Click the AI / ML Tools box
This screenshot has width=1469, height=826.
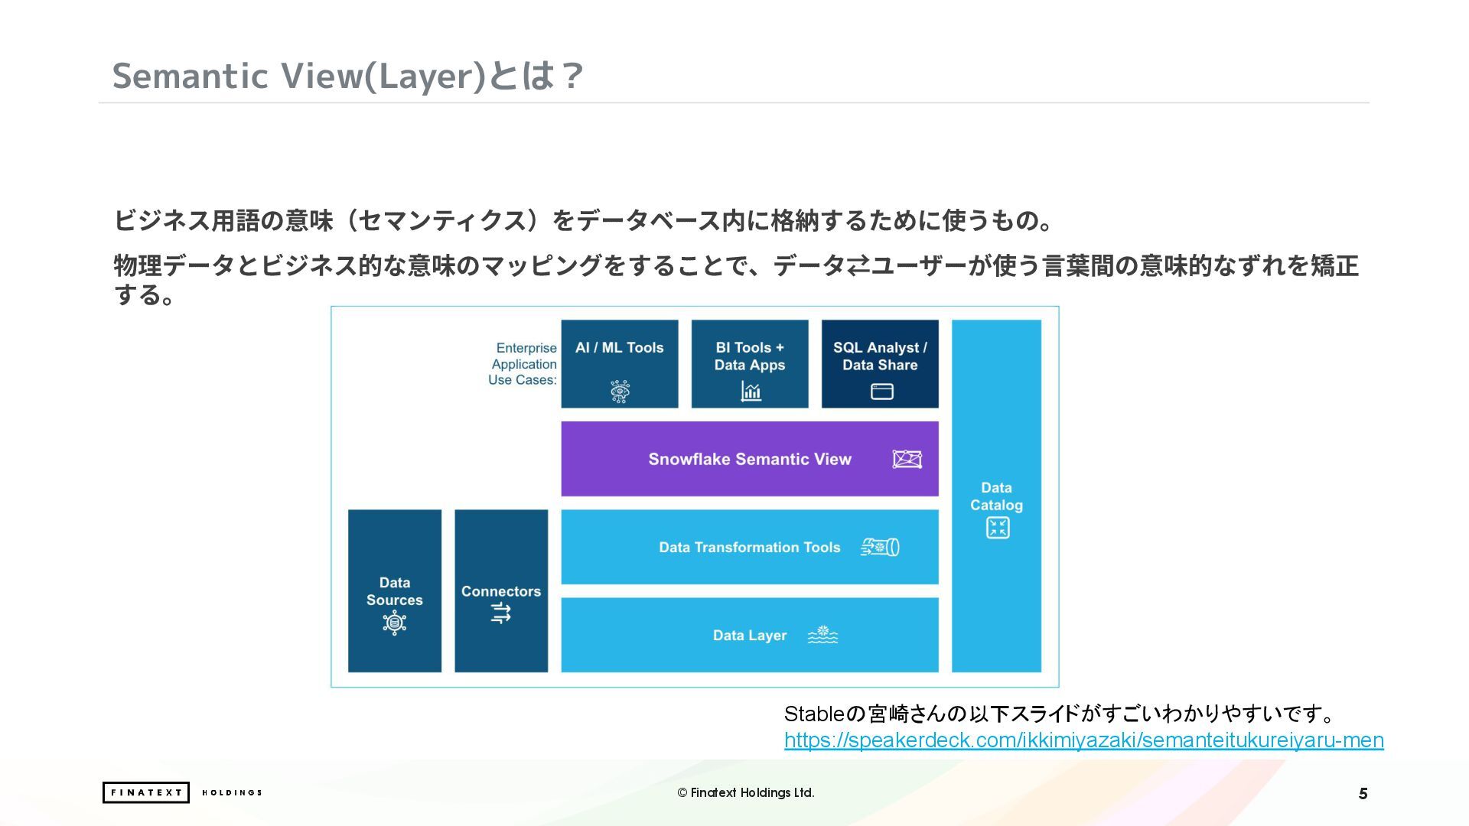click(619, 363)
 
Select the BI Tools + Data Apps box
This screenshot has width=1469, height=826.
click(749, 363)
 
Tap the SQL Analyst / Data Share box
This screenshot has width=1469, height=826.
click(880, 363)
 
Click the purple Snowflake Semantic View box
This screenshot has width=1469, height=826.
click(749, 459)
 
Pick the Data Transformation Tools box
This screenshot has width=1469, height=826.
click(749, 547)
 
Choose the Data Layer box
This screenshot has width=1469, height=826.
click(749, 635)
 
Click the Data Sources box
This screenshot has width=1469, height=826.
click(394, 590)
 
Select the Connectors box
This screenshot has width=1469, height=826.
click(501, 590)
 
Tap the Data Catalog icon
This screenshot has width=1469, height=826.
click(997, 528)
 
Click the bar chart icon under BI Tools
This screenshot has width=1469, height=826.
click(751, 392)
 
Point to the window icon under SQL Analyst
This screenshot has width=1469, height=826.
click(881, 392)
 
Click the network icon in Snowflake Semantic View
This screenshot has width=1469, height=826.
click(907, 459)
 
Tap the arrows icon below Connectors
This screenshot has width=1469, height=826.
click(501, 613)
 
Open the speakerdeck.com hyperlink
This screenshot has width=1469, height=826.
click(1083, 740)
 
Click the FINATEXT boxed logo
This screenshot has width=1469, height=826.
click(145, 792)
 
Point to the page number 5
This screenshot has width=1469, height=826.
click(1363, 794)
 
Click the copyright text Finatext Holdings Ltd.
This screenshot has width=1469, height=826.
click(745, 792)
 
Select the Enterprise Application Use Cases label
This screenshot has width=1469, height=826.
click(523, 364)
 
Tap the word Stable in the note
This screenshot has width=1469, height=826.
click(813, 714)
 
